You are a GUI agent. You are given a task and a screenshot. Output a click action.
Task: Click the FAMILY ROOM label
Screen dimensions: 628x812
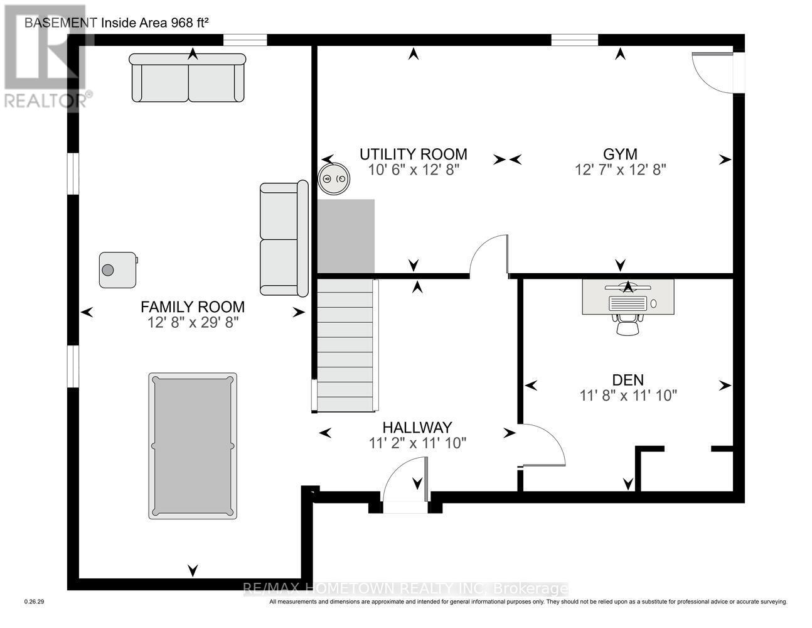pos(192,307)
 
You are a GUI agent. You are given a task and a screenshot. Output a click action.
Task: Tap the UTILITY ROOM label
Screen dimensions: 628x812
pos(413,154)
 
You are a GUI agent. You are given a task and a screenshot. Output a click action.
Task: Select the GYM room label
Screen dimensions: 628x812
pos(620,154)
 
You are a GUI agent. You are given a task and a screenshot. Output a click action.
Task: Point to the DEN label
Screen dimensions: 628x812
pos(628,380)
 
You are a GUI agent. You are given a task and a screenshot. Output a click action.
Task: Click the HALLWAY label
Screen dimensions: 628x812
pos(417,428)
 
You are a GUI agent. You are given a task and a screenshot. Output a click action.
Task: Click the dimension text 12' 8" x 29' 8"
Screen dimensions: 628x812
pos(192,323)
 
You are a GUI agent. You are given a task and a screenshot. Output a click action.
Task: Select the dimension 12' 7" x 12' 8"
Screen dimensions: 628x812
pos(620,170)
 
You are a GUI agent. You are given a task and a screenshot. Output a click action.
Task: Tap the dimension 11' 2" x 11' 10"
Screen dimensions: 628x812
pos(417,443)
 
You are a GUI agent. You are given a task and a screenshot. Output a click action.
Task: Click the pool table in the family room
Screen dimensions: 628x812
pos(193,446)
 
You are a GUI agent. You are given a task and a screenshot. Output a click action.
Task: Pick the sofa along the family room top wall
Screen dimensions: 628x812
pos(187,78)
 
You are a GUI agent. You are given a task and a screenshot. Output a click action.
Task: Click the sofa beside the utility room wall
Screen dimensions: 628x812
pos(284,239)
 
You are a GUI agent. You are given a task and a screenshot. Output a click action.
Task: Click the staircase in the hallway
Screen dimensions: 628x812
pos(345,347)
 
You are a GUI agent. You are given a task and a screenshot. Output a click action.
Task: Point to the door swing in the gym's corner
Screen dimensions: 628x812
pos(712,72)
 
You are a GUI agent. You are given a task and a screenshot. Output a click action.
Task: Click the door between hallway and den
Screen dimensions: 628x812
pos(542,446)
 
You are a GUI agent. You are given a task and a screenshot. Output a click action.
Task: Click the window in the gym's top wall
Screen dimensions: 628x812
pos(574,41)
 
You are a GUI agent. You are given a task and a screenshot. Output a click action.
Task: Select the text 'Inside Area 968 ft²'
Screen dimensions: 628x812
pos(154,23)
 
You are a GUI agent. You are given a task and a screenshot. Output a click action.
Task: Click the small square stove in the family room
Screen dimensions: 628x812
pos(117,270)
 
